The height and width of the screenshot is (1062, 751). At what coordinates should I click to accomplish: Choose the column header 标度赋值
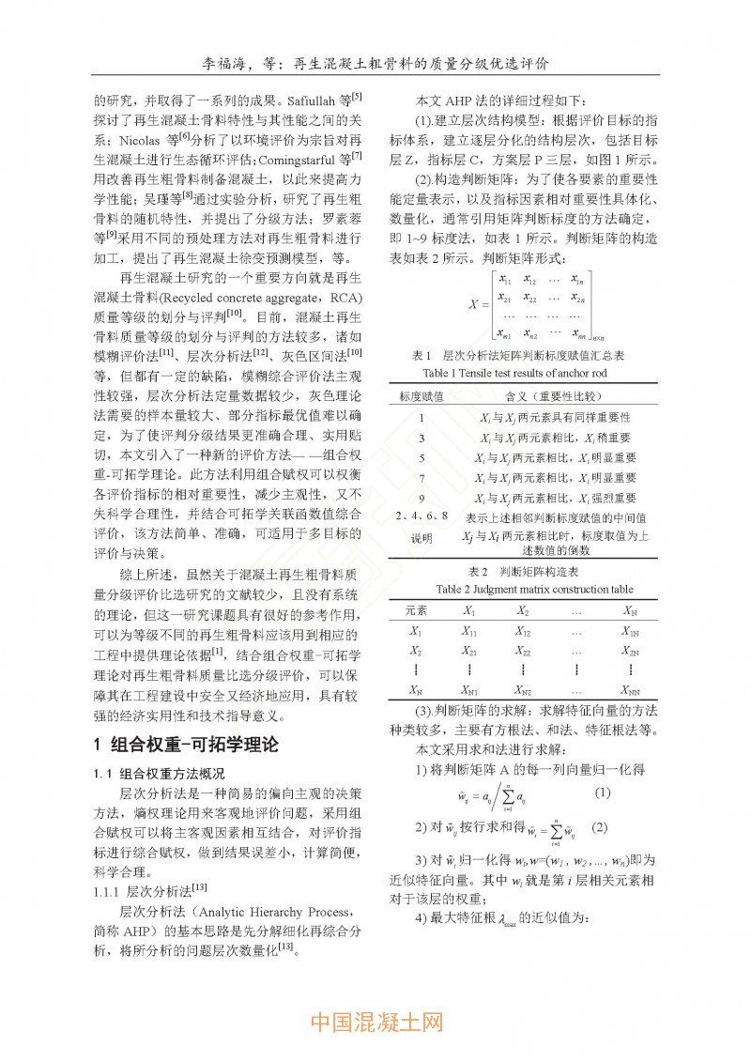pos(421,395)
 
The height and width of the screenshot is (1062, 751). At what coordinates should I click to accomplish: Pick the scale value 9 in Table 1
pos(421,498)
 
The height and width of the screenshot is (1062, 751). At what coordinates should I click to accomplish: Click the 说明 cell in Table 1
pos(421,539)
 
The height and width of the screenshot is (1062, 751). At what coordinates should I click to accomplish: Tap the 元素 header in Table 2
pos(416,610)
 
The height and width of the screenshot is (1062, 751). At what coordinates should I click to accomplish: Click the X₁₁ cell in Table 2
pos(468,632)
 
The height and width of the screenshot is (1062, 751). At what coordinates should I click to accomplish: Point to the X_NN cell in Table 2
pos(630,690)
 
